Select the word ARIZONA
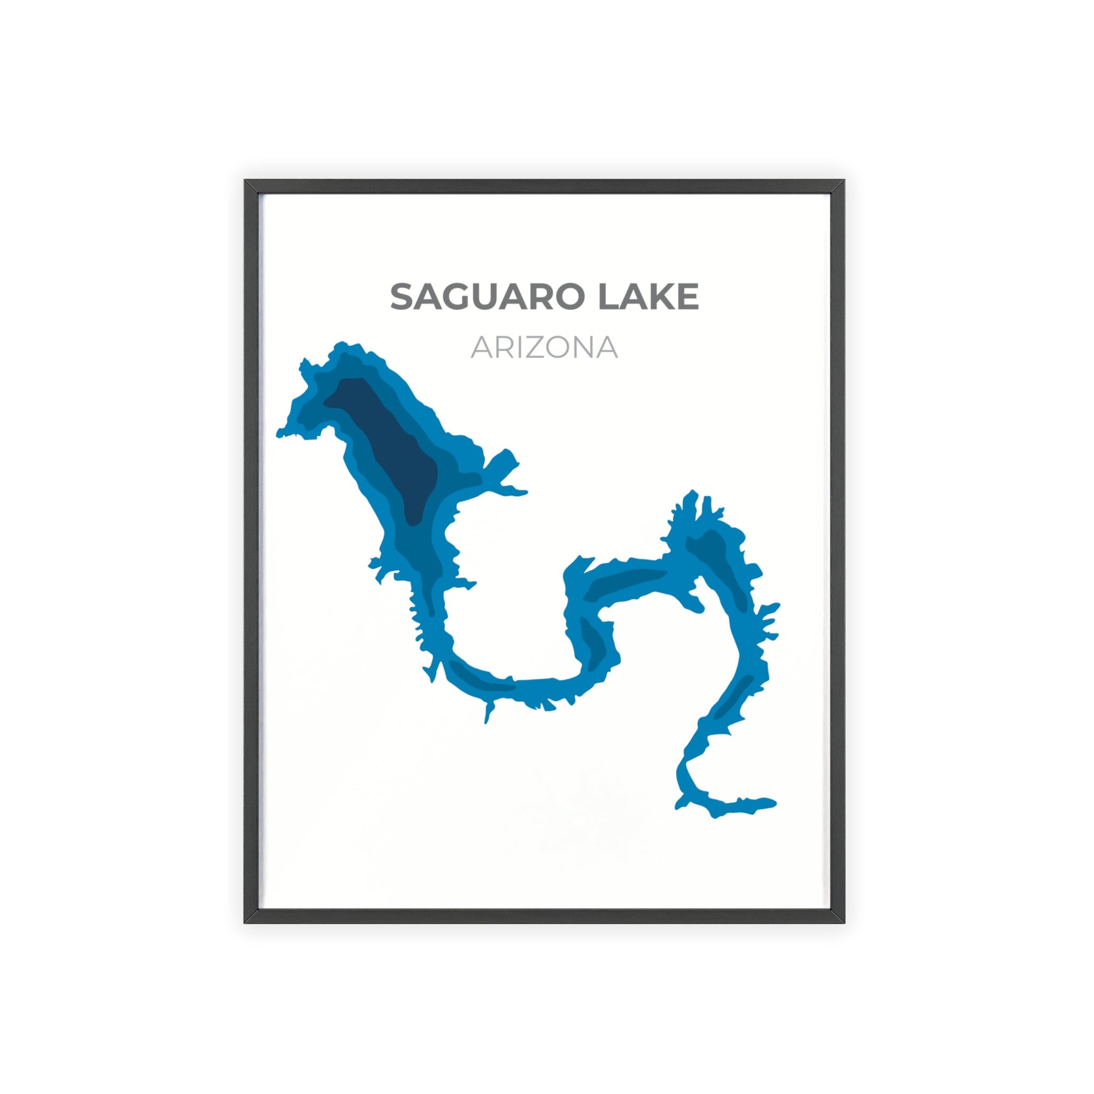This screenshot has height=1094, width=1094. click(x=544, y=348)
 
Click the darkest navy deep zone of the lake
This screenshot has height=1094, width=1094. click(x=390, y=447)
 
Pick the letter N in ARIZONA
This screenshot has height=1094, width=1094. click(x=583, y=348)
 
